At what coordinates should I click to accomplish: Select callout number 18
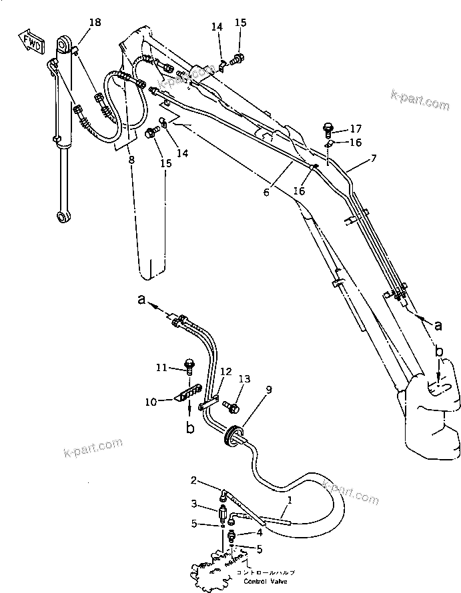click(x=95, y=23)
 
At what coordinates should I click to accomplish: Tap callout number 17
click(x=356, y=129)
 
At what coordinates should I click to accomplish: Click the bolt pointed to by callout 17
click(x=328, y=127)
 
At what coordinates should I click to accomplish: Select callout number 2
click(x=193, y=480)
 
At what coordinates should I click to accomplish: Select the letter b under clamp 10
click(x=190, y=428)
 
